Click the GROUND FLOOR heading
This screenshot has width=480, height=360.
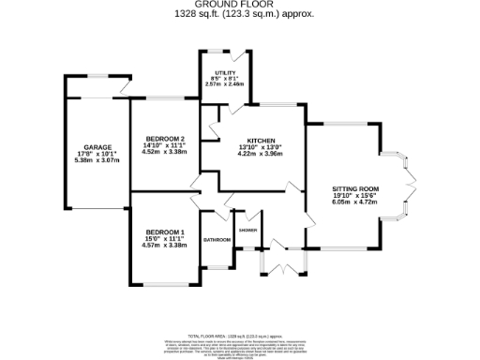(241, 6)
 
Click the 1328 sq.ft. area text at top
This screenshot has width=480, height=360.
(241, 15)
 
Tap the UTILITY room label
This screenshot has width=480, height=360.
(224, 72)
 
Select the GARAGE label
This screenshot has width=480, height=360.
(98, 147)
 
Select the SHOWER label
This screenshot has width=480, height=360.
(247, 230)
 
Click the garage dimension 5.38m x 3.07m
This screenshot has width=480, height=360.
(98, 160)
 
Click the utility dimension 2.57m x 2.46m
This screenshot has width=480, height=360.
(224, 84)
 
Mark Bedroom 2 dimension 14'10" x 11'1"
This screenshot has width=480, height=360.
(163, 146)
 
